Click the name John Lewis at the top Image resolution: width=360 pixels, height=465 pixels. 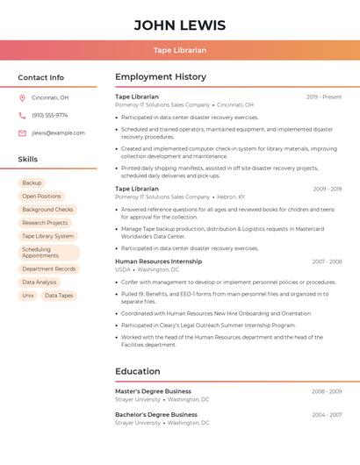179,25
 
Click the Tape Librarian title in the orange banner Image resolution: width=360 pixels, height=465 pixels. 179,50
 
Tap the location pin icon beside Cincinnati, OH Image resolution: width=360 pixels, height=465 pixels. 22,97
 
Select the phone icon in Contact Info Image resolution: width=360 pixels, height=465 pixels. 22,115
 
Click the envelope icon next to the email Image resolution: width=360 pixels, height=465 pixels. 22,132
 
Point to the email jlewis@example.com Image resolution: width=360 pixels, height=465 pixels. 58,132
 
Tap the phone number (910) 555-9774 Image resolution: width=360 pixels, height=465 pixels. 50,115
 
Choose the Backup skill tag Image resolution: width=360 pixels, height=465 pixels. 32,183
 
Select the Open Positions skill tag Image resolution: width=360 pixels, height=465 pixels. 41,197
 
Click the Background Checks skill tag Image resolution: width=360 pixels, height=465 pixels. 47,210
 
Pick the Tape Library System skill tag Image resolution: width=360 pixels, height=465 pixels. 47,236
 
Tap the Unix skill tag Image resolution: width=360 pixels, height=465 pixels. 28,296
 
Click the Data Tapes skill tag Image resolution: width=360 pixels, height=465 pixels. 59,296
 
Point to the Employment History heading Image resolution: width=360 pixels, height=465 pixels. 161,77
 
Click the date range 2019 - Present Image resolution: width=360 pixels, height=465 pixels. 324,97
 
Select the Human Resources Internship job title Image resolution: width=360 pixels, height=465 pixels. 158,261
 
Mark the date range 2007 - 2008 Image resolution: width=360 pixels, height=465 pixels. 327,261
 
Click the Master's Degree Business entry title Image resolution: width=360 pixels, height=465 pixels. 153,391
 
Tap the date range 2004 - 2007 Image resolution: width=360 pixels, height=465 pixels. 327,414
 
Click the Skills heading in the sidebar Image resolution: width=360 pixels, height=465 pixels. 28,160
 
